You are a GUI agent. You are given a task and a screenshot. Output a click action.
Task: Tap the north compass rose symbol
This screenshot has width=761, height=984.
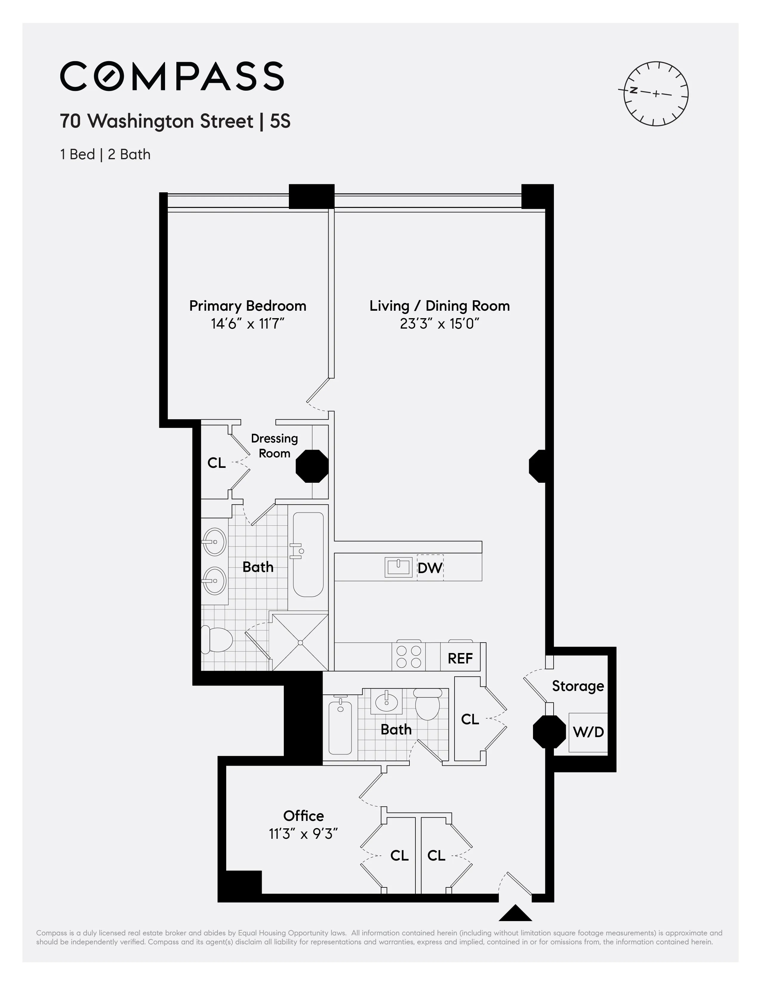pyautogui.click(x=656, y=93)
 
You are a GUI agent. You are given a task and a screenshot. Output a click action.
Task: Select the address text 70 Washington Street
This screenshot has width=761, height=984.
pyautogui.click(x=156, y=121)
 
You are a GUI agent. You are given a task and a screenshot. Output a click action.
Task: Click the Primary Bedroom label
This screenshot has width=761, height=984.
pyautogui.click(x=247, y=306)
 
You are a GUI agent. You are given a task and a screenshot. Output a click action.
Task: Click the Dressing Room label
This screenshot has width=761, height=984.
pyautogui.click(x=274, y=445)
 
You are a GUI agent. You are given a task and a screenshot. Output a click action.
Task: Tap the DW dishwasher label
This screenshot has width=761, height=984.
pyautogui.click(x=430, y=568)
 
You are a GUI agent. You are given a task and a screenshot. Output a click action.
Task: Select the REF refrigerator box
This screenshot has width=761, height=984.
pyautogui.click(x=460, y=658)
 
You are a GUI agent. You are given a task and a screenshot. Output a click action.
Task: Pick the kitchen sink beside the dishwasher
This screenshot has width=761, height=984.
pyautogui.click(x=398, y=567)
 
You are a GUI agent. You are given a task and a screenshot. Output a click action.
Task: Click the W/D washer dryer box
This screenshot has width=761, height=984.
pyautogui.click(x=588, y=732)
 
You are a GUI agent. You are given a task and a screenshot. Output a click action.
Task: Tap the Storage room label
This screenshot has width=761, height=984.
pyautogui.click(x=577, y=686)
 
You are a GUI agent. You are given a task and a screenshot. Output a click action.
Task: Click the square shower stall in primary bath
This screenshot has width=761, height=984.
pyautogui.click(x=300, y=642)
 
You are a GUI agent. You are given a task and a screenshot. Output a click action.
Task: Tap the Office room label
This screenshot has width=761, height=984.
pyautogui.click(x=304, y=816)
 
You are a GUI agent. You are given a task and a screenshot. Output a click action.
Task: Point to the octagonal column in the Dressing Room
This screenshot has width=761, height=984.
pyautogui.click(x=312, y=466)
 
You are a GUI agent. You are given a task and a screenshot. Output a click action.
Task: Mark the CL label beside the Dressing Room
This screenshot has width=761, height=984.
pyautogui.click(x=216, y=463)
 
